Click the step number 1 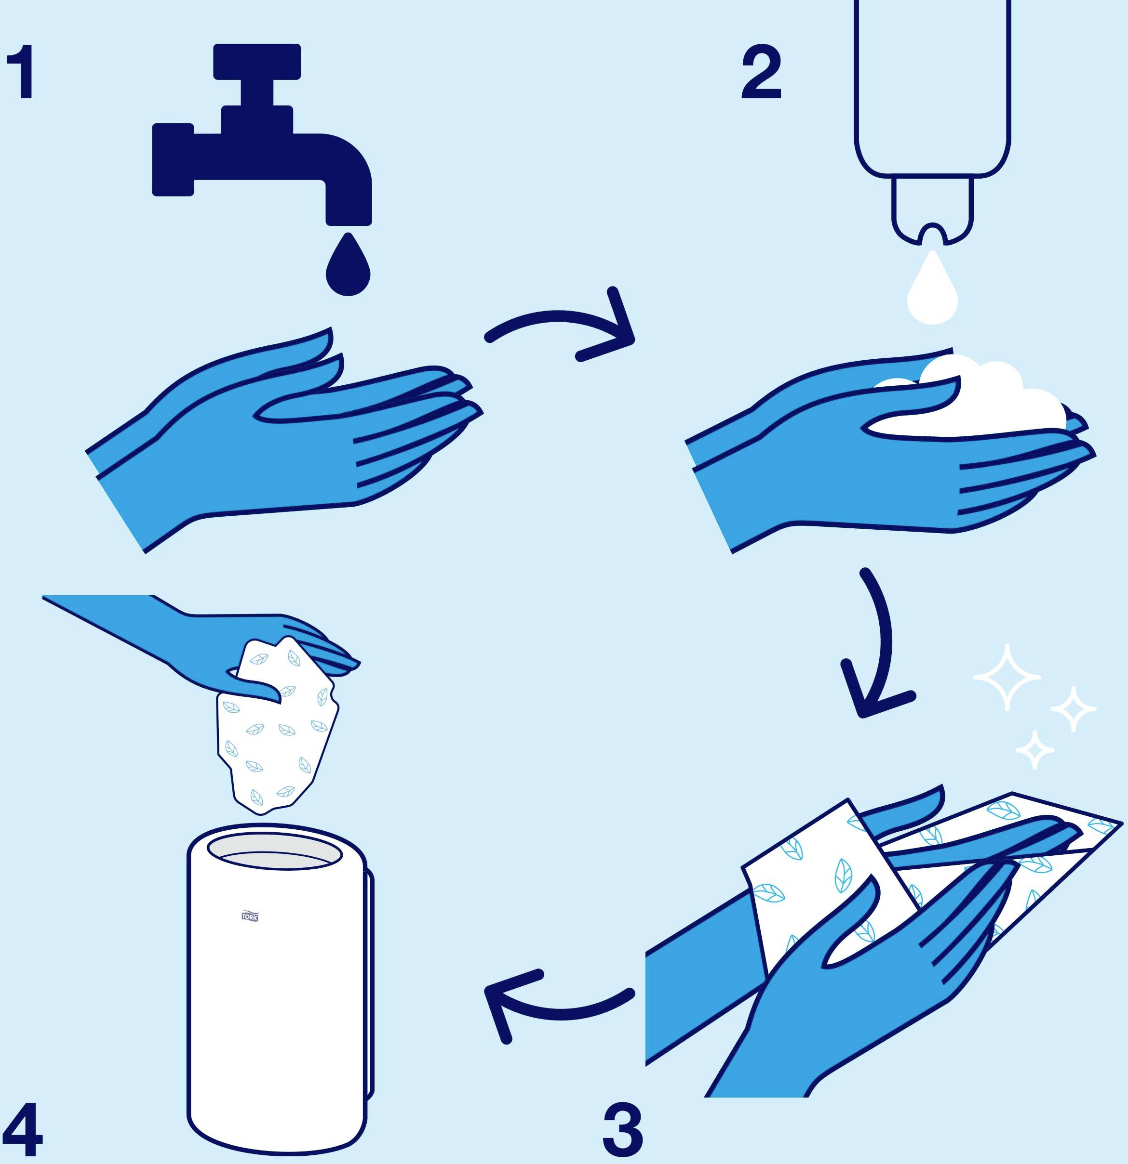point(21,72)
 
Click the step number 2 point(761,72)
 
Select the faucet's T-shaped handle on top point(257,62)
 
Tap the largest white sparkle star point(1006,677)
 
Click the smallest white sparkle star point(1034,750)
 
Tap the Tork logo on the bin point(250,916)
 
